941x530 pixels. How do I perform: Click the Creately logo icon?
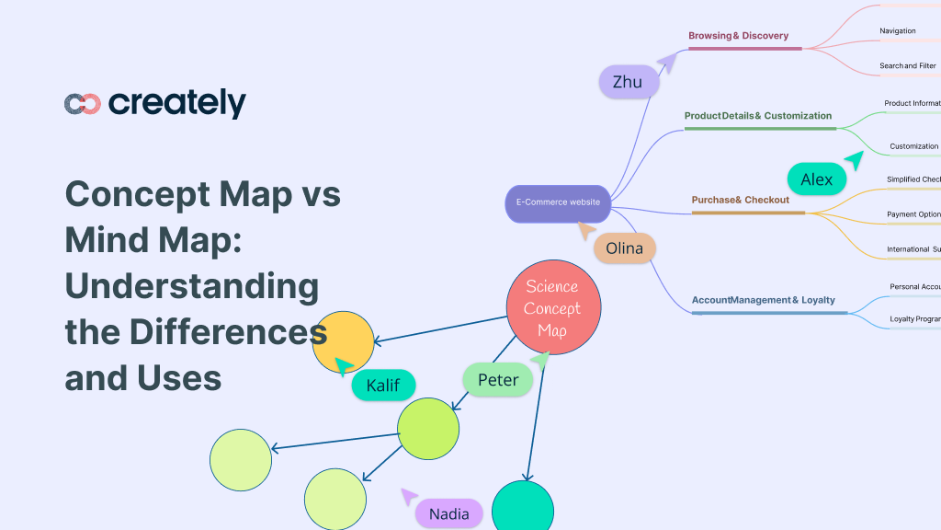point(82,104)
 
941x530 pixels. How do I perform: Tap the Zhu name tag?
point(629,82)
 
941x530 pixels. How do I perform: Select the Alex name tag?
point(816,179)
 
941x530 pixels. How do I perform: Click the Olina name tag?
point(625,248)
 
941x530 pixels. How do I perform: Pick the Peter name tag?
point(498,379)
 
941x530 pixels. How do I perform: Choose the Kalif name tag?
point(383,385)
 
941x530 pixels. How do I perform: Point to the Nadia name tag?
point(449,513)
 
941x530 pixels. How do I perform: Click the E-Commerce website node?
point(558,202)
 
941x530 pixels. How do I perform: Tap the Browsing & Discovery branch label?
point(739,36)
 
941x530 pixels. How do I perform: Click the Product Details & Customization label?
point(758,116)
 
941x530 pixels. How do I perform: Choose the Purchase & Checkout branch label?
point(741,200)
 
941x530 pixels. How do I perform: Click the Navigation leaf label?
point(897,31)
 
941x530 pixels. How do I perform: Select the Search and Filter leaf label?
point(907,66)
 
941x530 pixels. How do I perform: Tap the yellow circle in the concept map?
point(344,342)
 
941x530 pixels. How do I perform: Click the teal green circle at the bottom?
point(523,508)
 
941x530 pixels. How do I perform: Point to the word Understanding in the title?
point(191,286)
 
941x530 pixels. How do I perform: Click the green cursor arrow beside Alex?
point(855,160)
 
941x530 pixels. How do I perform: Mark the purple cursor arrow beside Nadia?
point(408,497)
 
